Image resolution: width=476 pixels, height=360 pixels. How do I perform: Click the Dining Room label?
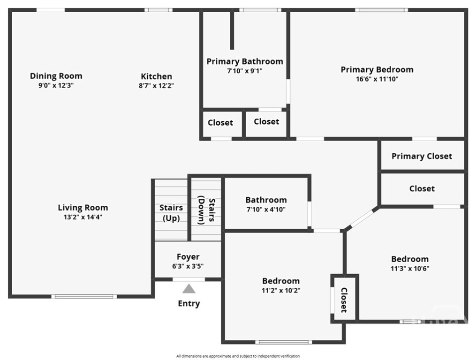click(56, 76)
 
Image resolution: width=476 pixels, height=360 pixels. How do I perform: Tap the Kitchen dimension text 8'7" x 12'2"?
click(156, 86)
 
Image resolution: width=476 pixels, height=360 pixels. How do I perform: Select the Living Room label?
click(83, 208)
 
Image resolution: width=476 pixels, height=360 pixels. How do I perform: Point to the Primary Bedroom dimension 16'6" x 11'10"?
click(377, 79)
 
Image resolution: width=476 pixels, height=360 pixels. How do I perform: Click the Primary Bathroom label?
click(245, 61)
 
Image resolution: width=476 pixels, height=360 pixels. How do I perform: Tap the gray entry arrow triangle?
click(189, 288)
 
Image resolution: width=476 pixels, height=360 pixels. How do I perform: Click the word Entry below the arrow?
click(189, 304)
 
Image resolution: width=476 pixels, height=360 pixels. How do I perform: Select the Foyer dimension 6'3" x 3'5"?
click(188, 266)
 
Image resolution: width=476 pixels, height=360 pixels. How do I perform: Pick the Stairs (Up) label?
click(171, 213)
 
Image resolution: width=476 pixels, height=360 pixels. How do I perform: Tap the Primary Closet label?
click(422, 156)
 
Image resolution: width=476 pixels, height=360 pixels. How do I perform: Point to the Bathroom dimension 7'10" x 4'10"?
click(266, 210)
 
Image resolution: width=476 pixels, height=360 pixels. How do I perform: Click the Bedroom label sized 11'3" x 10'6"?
click(410, 259)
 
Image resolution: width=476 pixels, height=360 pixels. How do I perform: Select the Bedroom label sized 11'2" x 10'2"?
click(280, 281)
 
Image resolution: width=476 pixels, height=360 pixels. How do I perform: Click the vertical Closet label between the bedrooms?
click(344, 300)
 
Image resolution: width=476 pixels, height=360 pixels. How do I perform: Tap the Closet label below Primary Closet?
click(422, 188)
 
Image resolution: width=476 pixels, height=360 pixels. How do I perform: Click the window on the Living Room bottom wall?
click(84, 296)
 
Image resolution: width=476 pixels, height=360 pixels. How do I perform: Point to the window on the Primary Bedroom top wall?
click(381, 9)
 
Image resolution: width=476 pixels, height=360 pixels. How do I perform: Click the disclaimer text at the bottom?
click(238, 356)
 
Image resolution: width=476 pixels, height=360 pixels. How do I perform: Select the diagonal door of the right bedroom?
click(362, 218)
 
